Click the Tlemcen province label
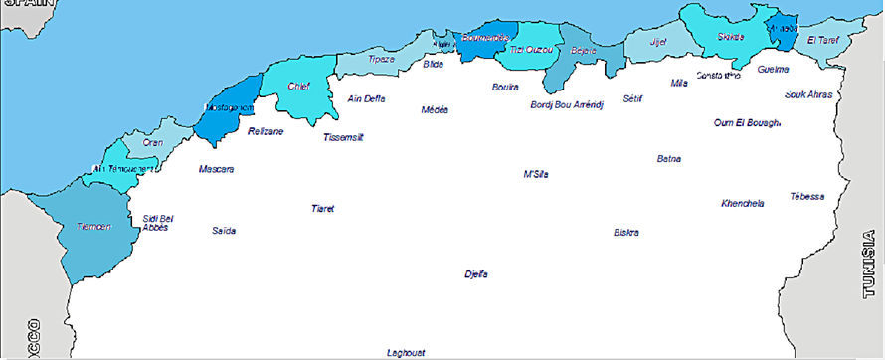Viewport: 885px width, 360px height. (x=94, y=227)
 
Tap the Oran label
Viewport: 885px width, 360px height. (x=153, y=142)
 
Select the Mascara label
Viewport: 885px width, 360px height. (x=216, y=169)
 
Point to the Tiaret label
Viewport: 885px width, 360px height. (x=322, y=209)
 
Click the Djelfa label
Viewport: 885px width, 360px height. (x=476, y=273)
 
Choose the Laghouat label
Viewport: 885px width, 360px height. (x=406, y=352)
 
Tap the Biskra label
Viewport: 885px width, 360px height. (x=625, y=233)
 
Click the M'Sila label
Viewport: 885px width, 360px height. (x=536, y=174)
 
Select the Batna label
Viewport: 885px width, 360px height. (x=669, y=158)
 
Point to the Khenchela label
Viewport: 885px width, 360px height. (x=742, y=203)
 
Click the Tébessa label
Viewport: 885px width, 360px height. (x=806, y=196)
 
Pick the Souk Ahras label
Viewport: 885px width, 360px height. (x=807, y=95)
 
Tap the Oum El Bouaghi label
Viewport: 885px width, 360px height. (x=747, y=123)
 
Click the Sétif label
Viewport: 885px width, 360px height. (x=633, y=98)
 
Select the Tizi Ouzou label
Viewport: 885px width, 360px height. (x=530, y=49)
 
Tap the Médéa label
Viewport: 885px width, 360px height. (x=435, y=109)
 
